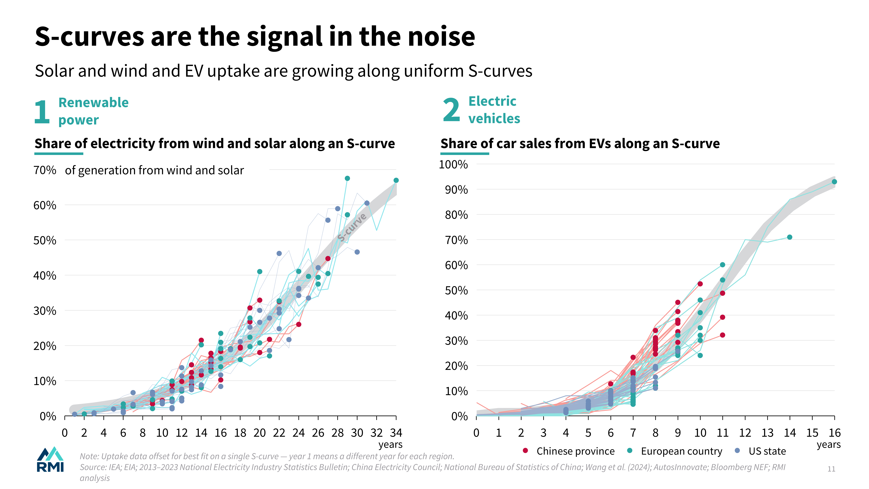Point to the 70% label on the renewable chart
[x=45, y=170]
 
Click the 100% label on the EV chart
[x=453, y=165]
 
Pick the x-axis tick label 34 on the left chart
[x=396, y=433]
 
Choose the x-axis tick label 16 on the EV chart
[x=835, y=433]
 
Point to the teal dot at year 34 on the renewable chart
[x=396, y=180]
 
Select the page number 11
[x=831, y=469]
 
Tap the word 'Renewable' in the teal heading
[x=93, y=103]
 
